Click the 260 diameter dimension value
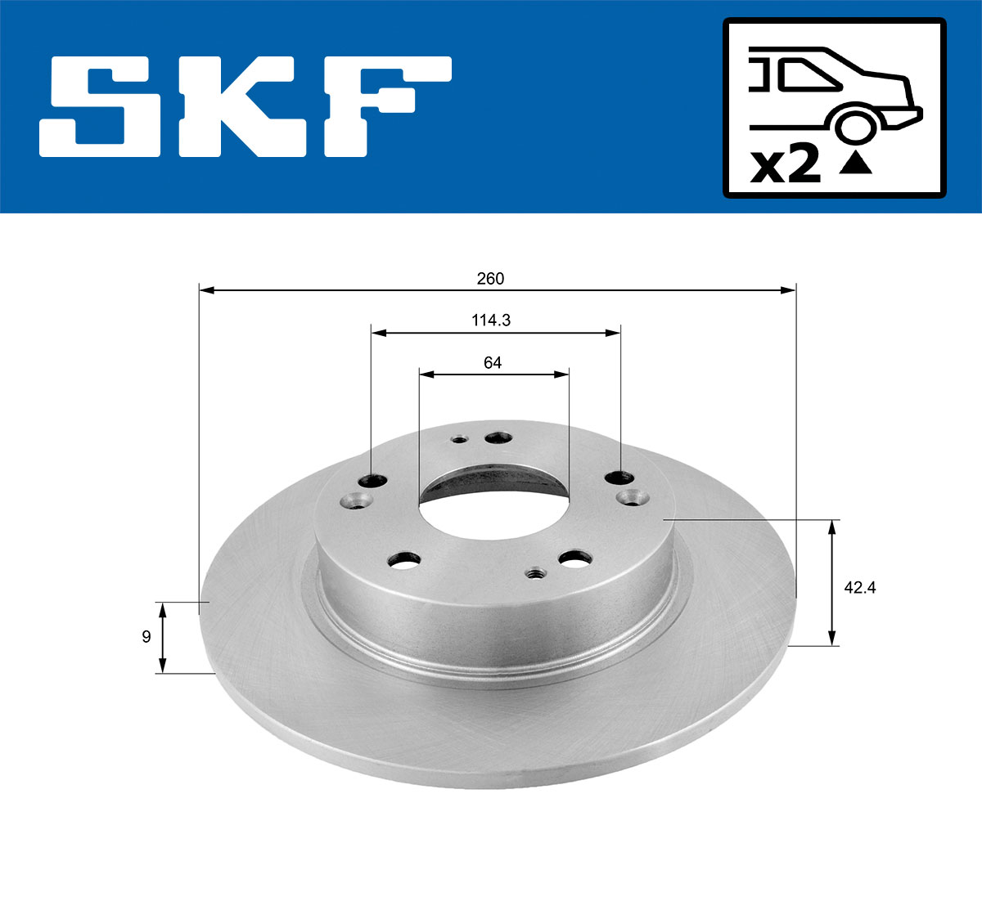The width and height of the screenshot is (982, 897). click(x=490, y=279)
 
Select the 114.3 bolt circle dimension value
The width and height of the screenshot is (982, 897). click(x=490, y=321)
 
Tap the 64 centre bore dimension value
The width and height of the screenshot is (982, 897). click(x=492, y=362)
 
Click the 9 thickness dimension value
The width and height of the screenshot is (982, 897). click(x=146, y=637)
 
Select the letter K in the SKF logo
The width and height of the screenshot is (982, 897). click(x=238, y=106)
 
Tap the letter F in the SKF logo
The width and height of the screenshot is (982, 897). click(x=385, y=106)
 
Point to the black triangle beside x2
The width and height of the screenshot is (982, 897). click(x=856, y=163)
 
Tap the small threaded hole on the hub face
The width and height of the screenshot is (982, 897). click(x=537, y=574)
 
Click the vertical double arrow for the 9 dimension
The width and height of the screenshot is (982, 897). click(x=162, y=637)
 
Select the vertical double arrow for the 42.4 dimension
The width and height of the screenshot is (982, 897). click(x=832, y=582)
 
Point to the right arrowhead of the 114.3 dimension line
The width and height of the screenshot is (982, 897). click(x=613, y=332)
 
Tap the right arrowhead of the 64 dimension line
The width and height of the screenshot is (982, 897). click(x=562, y=374)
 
